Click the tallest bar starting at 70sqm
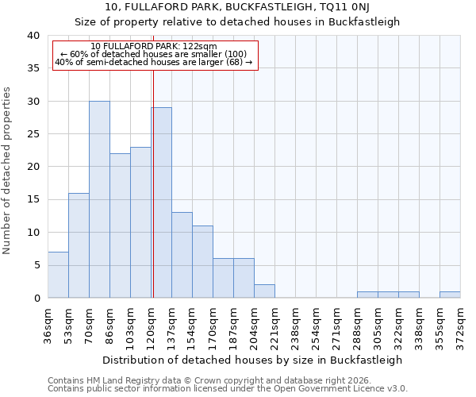pyautogui.click(x=99, y=199)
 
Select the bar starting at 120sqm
pyautogui.click(x=161, y=202)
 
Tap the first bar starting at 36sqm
pyautogui.click(x=58, y=275)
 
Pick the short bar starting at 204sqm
pyautogui.click(x=264, y=291)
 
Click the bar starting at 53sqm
pyautogui.click(x=79, y=245)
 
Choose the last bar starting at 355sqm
pyautogui.click(x=450, y=295)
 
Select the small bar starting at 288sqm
pyautogui.click(x=367, y=295)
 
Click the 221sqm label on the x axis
pyautogui.click(x=274, y=323)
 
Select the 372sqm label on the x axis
pyautogui.click(x=460, y=323)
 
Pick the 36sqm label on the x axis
pyautogui.click(x=48, y=323)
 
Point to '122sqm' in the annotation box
pyautogui.click(x=198, y=47)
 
